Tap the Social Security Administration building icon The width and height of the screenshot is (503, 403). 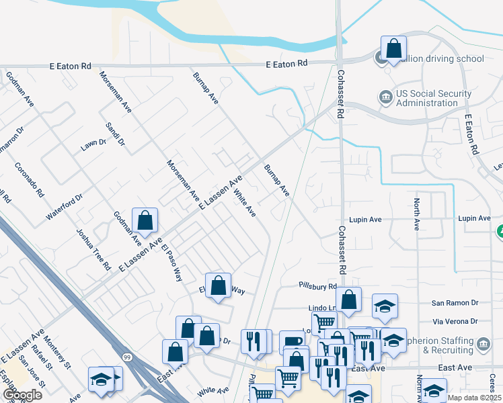pyautogui.click(x=386, y=99)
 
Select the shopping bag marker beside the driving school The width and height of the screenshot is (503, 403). pyautogui.click(x=393, y=49)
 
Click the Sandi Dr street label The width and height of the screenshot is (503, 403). pyautogui.click(x=116, y=134)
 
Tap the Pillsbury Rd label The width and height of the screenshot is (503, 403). pyautogui.click(x=317, y=286)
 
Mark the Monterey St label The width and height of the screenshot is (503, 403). pyautogui.click(x=59, y=355)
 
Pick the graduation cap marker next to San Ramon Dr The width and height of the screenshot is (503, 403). pyautogui.click(x=384, y=306)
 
